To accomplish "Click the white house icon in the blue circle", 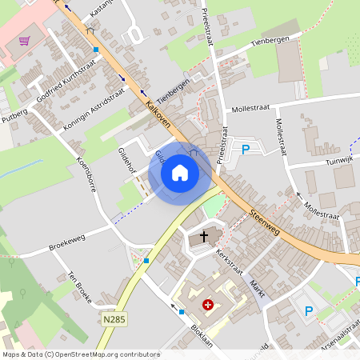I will (180, 173).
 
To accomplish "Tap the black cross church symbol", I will (204, 237).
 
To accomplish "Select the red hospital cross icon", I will (209, 305).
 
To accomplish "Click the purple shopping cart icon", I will (25, 41).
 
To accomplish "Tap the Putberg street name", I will (14, 117).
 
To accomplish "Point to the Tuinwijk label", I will (337, 160).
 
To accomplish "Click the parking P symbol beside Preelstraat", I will (246, 150).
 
